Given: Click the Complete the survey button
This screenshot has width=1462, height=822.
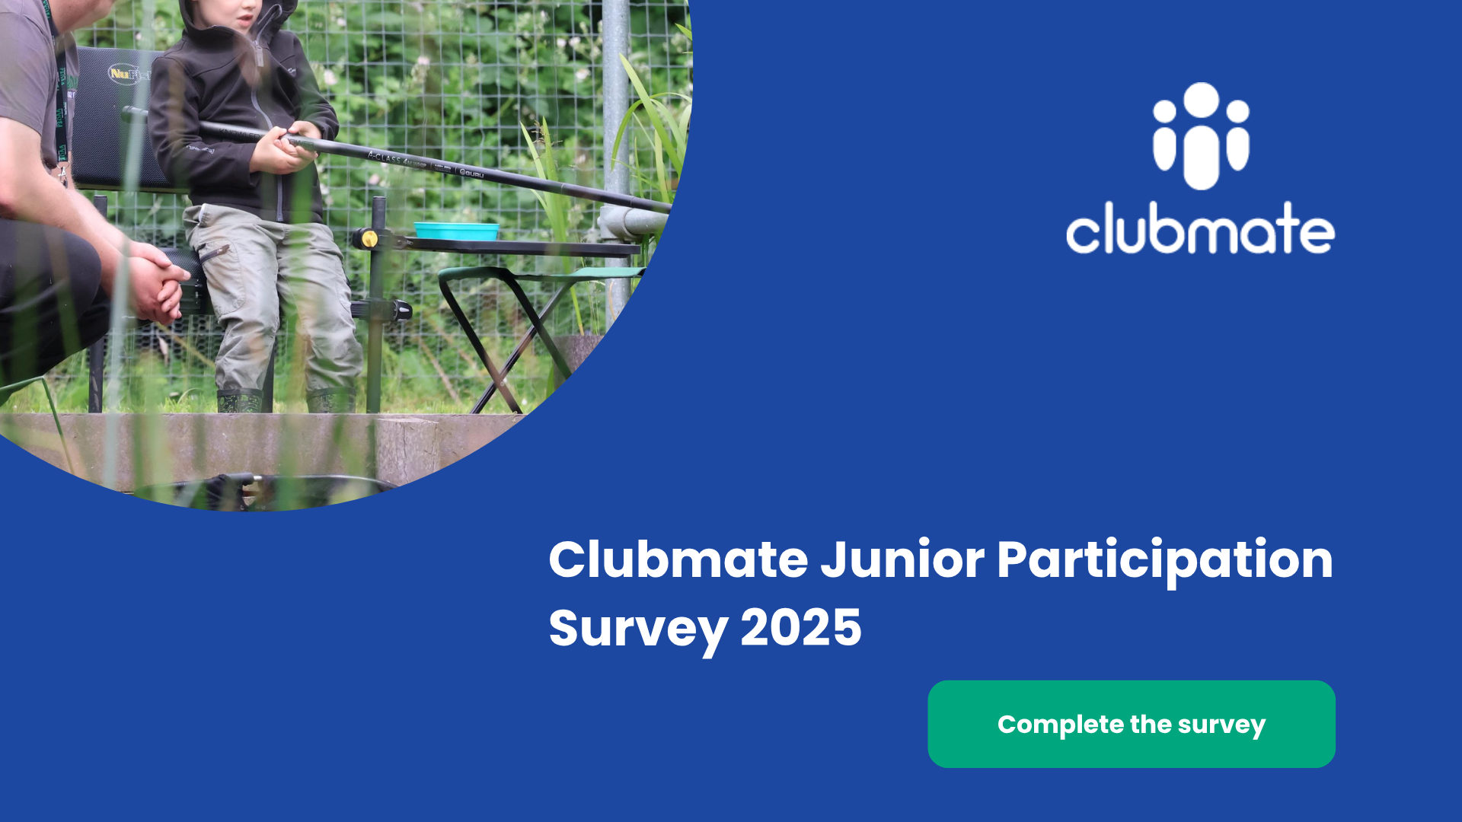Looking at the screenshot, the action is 1132,724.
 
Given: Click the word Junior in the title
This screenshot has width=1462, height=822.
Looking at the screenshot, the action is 902,560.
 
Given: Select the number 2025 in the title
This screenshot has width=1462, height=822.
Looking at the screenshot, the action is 801,628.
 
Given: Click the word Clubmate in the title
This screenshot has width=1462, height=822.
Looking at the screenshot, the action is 678,560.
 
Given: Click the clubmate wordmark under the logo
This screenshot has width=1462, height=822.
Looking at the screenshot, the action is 1200,228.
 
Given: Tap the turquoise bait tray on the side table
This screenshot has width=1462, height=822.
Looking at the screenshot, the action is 456,231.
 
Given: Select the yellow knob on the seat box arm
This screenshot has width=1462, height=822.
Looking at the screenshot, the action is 369,239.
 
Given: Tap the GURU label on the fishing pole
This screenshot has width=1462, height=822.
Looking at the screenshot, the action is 472,174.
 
